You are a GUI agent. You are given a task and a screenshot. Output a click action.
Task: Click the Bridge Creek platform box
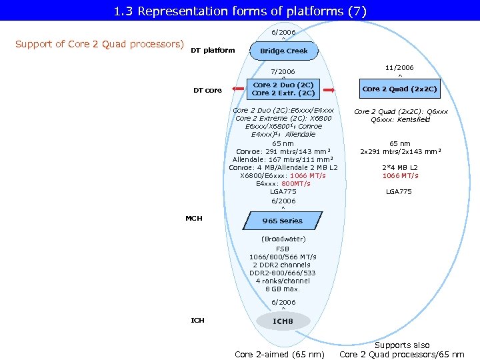coord(283,51)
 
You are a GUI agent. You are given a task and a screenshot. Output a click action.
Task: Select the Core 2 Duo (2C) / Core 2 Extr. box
coord(283,89)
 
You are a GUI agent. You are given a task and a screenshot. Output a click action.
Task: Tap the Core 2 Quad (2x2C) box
coord(400,89)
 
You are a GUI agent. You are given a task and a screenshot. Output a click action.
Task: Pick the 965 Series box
coord(283,221)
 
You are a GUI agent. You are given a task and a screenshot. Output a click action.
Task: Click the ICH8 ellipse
coord(283,321)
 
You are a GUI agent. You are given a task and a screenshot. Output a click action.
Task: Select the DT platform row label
coord(213,50)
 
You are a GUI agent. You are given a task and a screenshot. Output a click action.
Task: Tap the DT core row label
coord(207,90)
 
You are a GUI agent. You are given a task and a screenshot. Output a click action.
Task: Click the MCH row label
coord(194,218)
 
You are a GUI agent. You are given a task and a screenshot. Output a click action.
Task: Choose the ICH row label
coord(198,321)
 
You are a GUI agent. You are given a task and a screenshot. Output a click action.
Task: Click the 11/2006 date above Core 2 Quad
coord(400,67)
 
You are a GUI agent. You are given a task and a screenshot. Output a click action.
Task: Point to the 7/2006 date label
coord(283,71)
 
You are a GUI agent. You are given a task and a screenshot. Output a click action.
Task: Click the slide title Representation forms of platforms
coord(240,11)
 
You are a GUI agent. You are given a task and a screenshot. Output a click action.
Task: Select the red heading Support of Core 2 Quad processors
coord(99,44)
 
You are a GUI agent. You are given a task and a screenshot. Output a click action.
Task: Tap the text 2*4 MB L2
coord(400,167)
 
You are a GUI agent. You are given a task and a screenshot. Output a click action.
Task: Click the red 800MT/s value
coord(295,183)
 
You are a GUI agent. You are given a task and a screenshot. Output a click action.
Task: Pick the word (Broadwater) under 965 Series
coord(283,239)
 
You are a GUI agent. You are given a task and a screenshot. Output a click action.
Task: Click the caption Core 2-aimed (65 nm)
coord(280,354)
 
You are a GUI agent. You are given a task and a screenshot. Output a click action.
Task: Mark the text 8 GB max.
coord(283,289)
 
